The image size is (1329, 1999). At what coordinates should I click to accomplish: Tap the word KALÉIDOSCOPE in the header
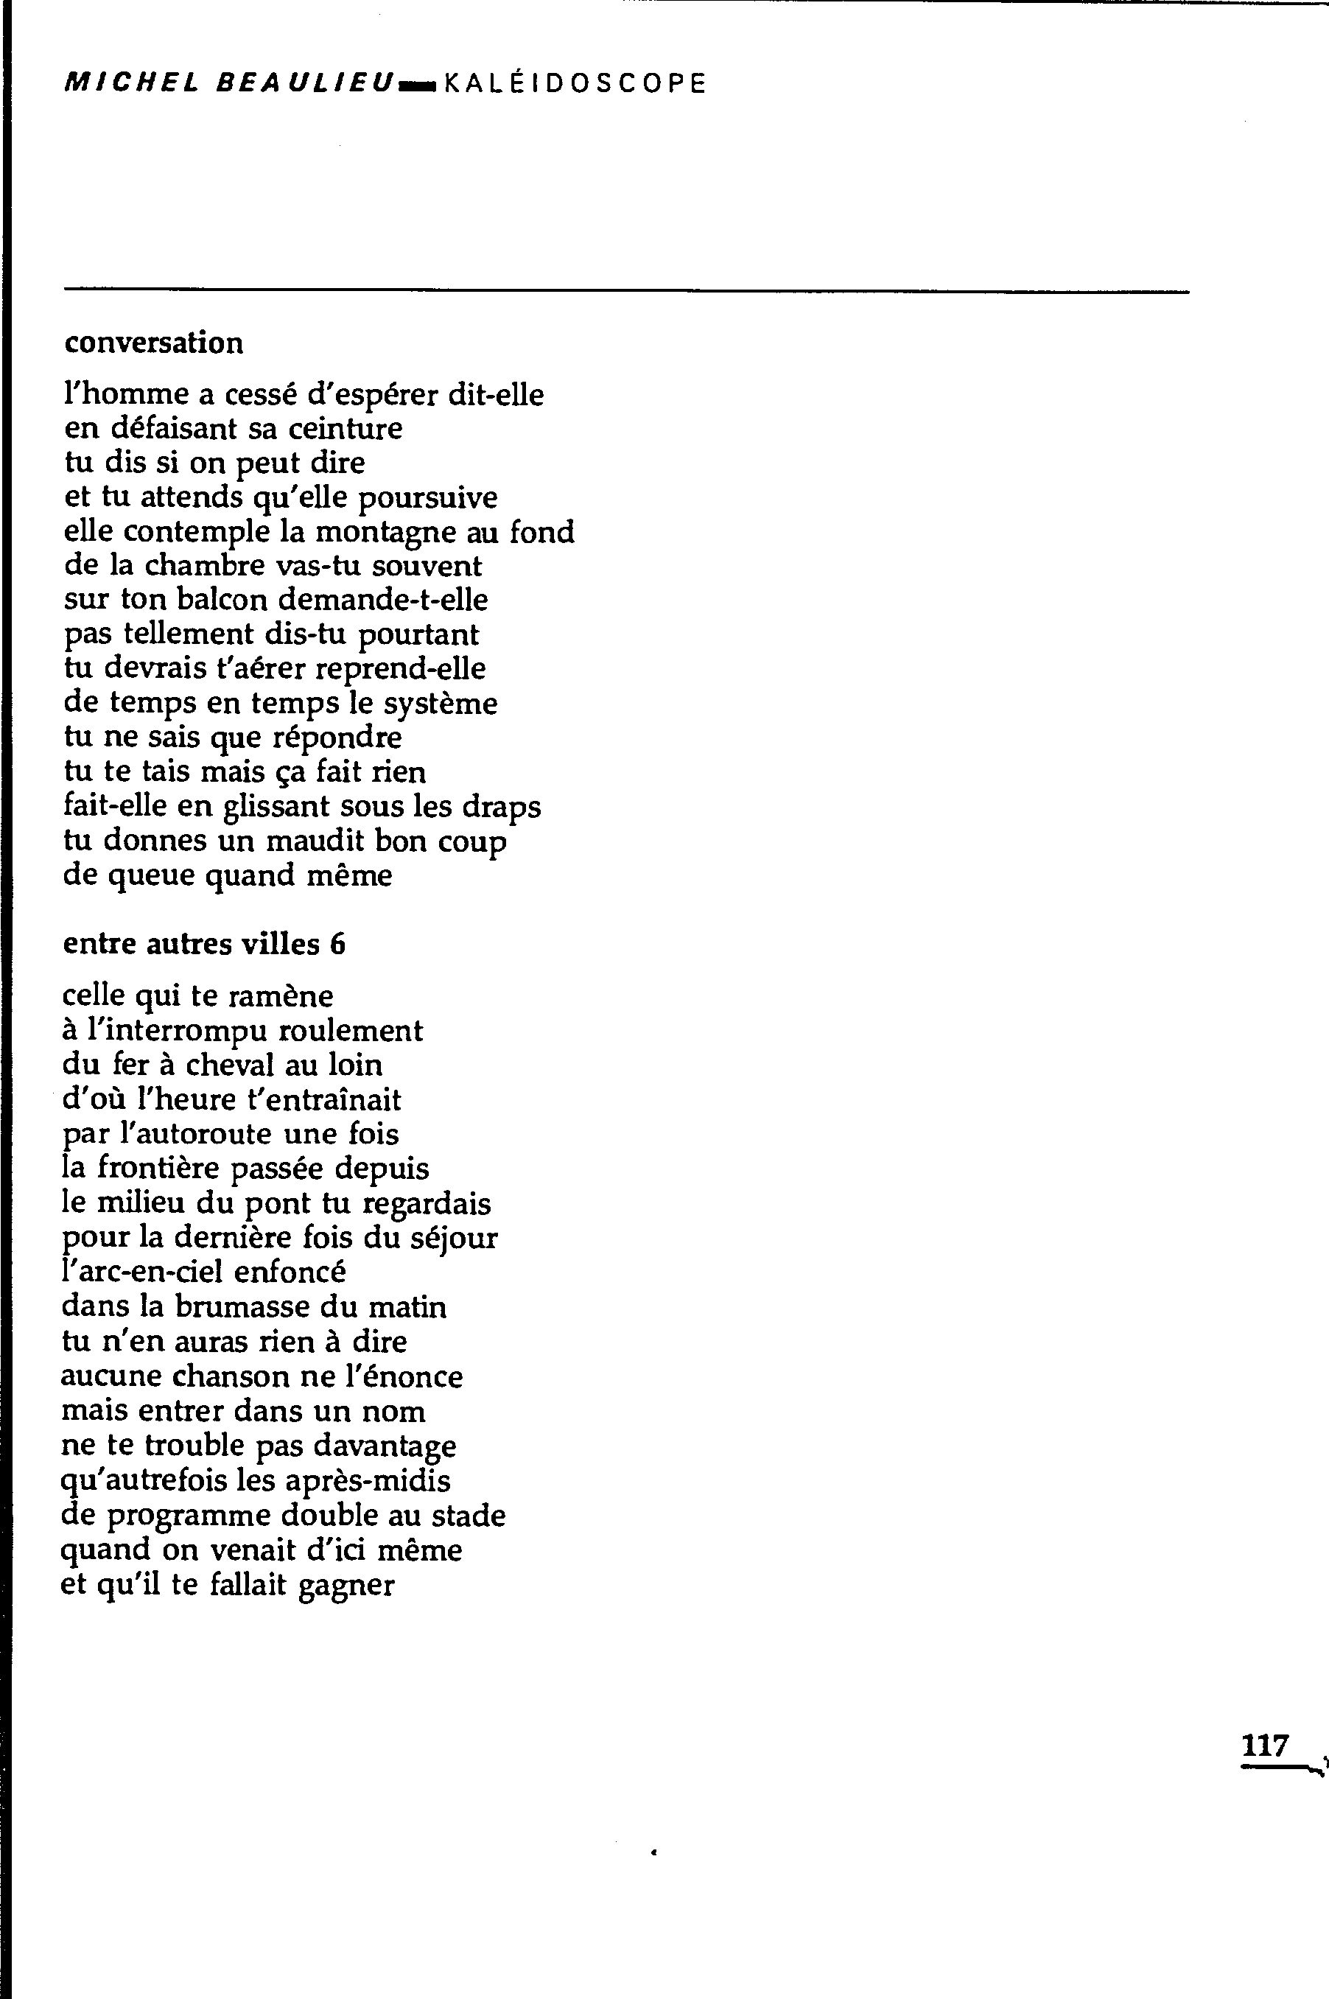(574, 83)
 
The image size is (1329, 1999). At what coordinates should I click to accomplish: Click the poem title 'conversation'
(153, 343)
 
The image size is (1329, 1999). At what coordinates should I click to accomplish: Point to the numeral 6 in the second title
(338, 945)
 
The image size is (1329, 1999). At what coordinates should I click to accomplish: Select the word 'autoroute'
(209, 1134)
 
